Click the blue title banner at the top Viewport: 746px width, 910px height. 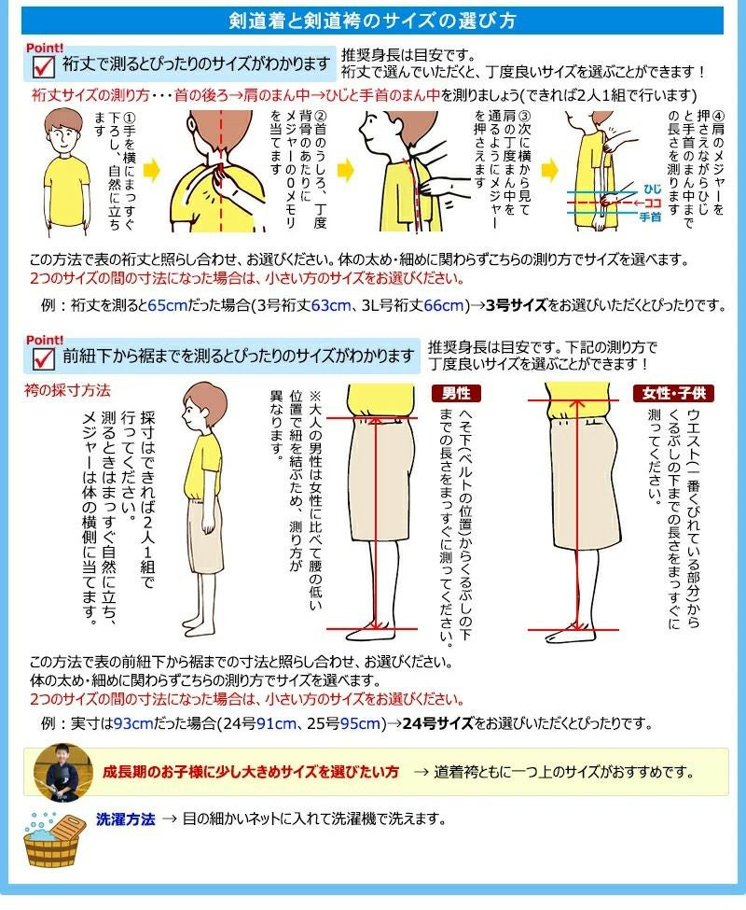[372, 21]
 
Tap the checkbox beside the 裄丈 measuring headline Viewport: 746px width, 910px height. [44, 66]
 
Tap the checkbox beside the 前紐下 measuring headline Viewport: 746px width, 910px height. [44, 358]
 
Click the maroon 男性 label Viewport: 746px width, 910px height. [456, 394]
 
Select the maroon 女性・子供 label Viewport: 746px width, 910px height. [673, 394]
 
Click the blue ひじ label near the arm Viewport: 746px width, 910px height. [652, 189]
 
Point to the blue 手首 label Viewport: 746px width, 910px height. [650, 217]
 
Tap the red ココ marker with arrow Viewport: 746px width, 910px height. [647, 203]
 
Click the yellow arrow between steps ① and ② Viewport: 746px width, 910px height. [151, 171]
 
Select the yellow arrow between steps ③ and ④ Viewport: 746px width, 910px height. [549, 171]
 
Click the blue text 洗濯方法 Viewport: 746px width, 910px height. [126, 819]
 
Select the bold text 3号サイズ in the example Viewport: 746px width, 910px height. [517, 305]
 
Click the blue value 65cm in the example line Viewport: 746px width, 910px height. [168, 305]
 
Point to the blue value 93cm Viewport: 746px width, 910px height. [134, 723]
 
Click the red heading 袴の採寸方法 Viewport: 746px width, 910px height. [67, 390]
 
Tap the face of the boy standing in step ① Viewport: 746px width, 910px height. [63, 137]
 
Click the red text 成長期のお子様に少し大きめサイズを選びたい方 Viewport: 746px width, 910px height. [251, 772]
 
